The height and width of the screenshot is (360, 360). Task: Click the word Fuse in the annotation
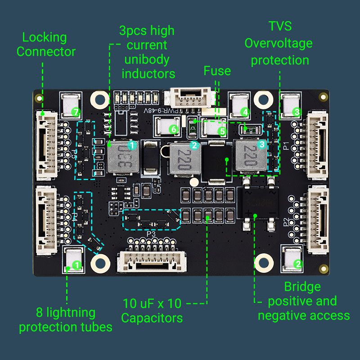[217, 71]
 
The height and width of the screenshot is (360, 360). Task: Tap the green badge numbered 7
[76, 112]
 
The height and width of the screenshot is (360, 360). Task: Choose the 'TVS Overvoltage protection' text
[279, 43]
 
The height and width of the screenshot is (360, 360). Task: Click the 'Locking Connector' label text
[45, 45]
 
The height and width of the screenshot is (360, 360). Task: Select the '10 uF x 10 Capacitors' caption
[152, 310]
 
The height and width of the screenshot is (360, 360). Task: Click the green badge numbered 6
[174, 129]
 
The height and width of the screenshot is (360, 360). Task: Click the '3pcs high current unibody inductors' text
[147, 52]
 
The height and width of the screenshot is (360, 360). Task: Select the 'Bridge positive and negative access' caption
[303, 301]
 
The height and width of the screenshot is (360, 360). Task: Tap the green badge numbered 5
[222, 131]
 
